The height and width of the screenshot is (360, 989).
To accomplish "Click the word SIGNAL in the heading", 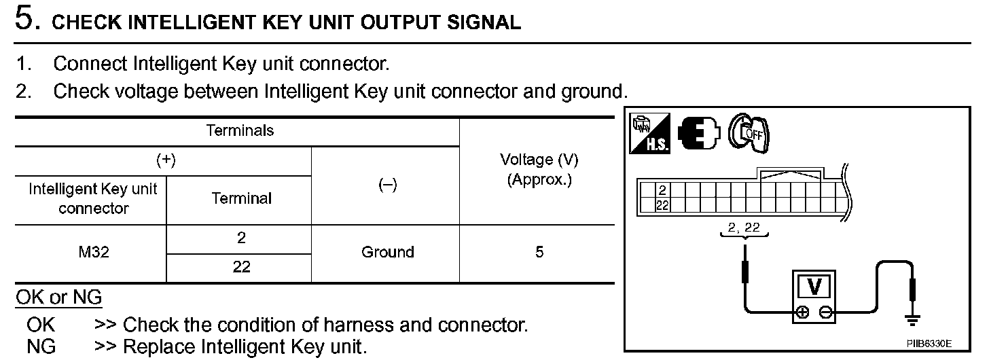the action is point(484,22).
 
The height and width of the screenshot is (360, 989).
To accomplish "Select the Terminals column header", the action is point(240,130).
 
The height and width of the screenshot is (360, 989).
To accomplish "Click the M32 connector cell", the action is point(94,252).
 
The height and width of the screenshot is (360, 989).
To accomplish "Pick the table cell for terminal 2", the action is point(241,238).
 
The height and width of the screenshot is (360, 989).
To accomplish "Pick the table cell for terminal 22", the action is point(241,267).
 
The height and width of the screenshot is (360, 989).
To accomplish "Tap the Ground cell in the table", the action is point(388,252).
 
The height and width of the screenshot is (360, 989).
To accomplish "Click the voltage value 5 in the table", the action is point(539,252).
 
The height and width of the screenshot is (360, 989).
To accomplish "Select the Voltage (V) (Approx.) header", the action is point(539,170).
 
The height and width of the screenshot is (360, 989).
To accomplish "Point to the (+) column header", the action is point(166,160).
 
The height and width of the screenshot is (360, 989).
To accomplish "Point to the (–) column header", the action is point(388,185).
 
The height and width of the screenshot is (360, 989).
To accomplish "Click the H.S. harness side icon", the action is point(649,133).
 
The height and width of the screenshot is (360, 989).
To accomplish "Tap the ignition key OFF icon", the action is point(749,133).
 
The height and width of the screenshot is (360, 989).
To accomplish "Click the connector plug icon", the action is point(699,133).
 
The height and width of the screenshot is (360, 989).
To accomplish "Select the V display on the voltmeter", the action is point(814,287).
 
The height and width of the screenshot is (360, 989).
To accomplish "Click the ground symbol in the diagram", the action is point(912,320).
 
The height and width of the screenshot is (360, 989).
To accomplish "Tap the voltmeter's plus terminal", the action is point(802,312).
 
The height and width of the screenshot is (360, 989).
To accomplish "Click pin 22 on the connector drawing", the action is point(662,205).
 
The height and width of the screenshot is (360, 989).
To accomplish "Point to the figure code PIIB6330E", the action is point(929,344).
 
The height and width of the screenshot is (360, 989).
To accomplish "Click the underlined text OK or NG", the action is point(58,298).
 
